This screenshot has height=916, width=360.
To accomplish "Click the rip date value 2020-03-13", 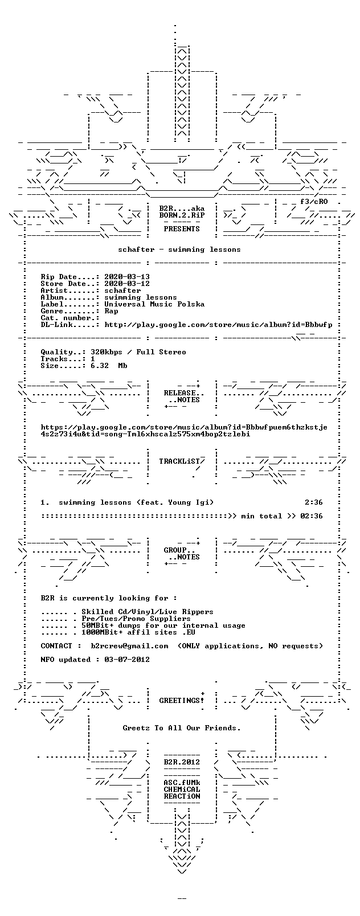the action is click(x=127, y=277).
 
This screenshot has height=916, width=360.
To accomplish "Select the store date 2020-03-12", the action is click(x=127, y=284).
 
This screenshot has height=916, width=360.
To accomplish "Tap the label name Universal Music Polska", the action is click(x=154, y=304).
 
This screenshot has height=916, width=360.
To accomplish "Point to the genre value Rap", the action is click(x=111, y=311).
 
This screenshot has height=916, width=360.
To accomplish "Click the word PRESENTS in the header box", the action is click(x=182, y=229).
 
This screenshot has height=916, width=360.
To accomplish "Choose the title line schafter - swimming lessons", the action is click(x=179, y=250).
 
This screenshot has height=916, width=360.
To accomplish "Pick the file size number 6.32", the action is click(x=100, y=366).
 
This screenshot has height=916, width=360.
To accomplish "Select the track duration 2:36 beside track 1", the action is click(x=313, y=502).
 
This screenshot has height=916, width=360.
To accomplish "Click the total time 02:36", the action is click(x=312, y=516).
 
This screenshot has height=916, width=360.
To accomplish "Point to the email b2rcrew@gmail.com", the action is click(x=129, y=645).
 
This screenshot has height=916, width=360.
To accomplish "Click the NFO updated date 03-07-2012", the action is click(x=127, y=660).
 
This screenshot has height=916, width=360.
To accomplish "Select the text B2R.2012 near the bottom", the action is click(x=182, y=762).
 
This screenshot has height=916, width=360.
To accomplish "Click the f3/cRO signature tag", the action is click(x=313, y=202).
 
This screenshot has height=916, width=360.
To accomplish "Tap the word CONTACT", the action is click(x=56, y=645).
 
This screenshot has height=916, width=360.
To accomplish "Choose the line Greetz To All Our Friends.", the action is click(x=182, y=728).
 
